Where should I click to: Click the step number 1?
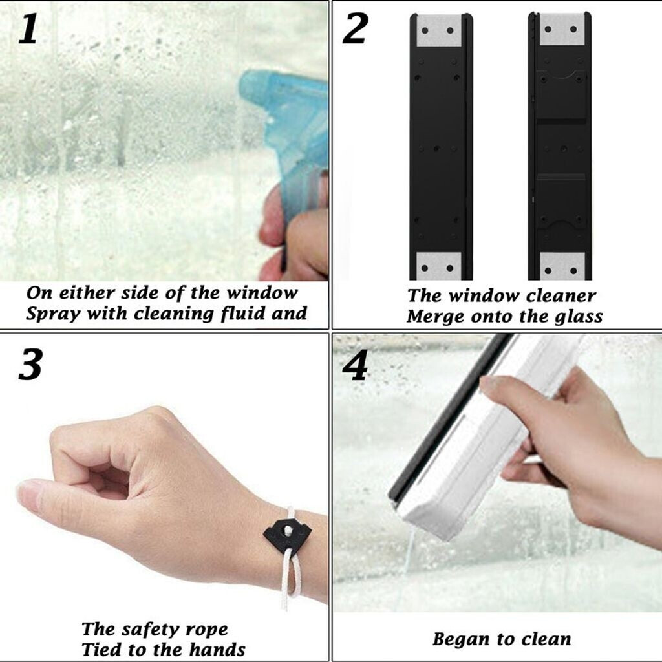click(x=28, y=28)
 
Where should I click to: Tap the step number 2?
click(x=356, y=28)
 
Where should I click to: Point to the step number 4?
click(x=355, y=366)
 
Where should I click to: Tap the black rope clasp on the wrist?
click(x=287, y=533)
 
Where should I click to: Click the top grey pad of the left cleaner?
click(x=438, y=30)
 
